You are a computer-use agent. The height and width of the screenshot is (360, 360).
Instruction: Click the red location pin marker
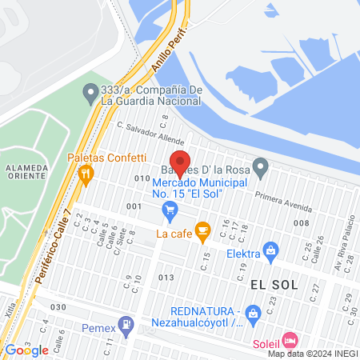pyautogui.click(x=181, y=162)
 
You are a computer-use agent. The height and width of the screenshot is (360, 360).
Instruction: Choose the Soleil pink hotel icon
pyautogui.click(x=289, y=339)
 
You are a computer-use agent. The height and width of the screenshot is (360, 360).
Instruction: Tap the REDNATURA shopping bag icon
pyautogui.click(x=253, y=311)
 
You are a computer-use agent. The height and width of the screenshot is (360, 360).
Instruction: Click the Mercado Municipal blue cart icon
pyautogui.click(x=170, y=210)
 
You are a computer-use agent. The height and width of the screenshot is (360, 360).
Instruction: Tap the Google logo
pyautogui.click(x=26, y=350)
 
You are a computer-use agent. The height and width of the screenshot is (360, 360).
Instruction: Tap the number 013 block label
pyautogui.click(x=166, y=277)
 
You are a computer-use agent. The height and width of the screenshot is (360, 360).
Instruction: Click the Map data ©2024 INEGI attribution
pyautogui.click(x=312, y=353)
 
